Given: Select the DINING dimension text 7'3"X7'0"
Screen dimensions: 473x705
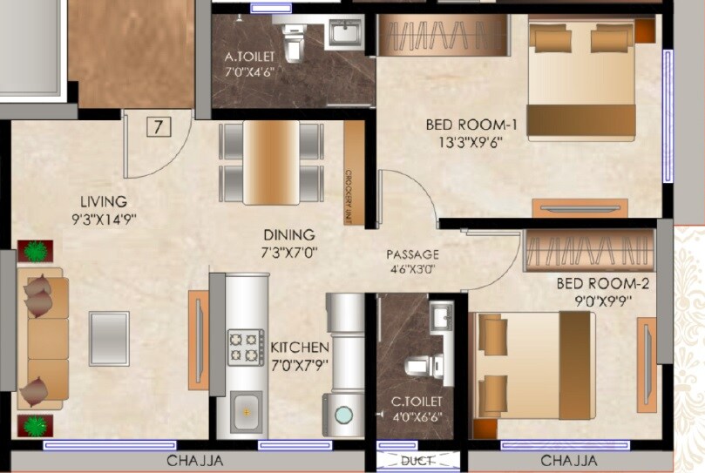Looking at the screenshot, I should click(x=288, y=253).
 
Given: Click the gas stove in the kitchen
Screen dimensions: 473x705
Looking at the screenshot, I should click(x=246, y=346).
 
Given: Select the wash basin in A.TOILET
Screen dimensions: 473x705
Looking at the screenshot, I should click(x=343, y=35).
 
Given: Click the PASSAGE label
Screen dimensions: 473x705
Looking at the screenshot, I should click(x=413, y=254).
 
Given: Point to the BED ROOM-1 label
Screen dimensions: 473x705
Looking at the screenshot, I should click(x=464, y=125).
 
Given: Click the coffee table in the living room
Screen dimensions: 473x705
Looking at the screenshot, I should click(x=109, y=337).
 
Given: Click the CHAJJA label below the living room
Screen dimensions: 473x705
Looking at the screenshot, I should click(x=194, y=461).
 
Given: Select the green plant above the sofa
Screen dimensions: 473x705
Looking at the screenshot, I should click(x=35, y=251).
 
